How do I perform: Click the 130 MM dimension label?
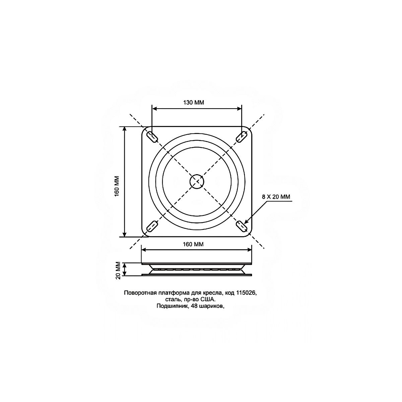(194, 103)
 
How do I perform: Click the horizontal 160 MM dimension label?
(193, 244)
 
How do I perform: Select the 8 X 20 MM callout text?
(276, 197)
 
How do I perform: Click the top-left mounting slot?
(152, 137)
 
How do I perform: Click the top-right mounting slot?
(242, 137)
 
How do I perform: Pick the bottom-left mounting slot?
(152, 226)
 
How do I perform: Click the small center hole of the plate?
(197, 182)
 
